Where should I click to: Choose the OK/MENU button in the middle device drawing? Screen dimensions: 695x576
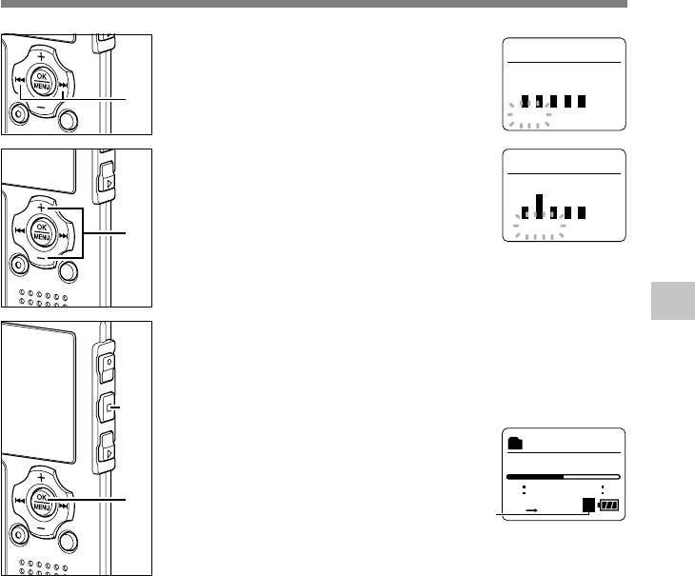[x=41, y=229]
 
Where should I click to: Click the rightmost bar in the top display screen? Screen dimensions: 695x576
[x=581, y=100]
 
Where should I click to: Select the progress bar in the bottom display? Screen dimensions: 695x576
[x=563, y=475]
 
